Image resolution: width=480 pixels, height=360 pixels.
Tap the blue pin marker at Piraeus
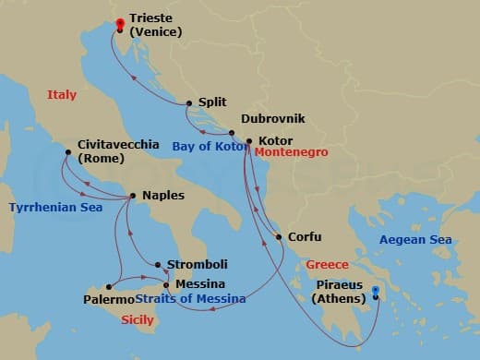point(376,294)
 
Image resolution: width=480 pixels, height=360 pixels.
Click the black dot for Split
point(189,103)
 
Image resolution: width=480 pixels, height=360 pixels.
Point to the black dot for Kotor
point(249,141)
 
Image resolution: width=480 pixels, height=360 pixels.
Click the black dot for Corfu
point(279,237)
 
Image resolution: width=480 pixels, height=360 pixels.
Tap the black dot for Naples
point(134,196)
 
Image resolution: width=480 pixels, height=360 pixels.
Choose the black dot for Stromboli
point(158,265)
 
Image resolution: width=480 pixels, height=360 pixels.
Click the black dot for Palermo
point(110,286)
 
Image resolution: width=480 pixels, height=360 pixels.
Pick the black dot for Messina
point(166,284)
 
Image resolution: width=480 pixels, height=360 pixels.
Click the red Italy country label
point(62,94)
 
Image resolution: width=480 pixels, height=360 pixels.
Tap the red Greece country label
point(327,263)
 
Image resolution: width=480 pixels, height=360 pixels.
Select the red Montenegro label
point(293,153)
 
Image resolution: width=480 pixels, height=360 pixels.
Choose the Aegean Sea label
point(415,240)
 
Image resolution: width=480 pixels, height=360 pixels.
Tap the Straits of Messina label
point(190,299)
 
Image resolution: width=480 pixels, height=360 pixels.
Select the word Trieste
point(150,18)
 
